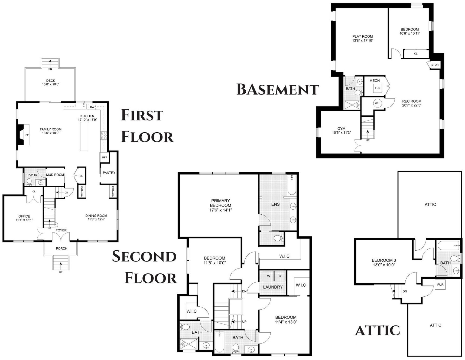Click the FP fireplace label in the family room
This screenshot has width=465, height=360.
pyautogui.click(x=27, y=135)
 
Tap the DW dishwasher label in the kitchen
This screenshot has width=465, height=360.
pyautogui.click(x=92, y=107)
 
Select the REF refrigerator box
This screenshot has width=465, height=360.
pyautogui.click(x=105, y=158)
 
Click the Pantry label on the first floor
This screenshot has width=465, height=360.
pyautogui.click(x=109, y=173)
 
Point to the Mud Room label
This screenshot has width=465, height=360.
pyautogui.click(x=55, y=175)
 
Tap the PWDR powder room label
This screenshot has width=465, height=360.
pyautogui.click(x=32, y=175)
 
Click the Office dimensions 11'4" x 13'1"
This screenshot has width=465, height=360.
pyautogui.click(x=24, y=220)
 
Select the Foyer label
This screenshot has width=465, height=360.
pyautogui.click(x=61, y=230)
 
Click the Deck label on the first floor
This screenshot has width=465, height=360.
pyautogui.click(x=51, y=81)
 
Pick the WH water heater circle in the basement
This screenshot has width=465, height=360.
pyautogui.click(x=377, y=103)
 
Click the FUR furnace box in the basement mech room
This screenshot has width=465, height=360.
pyautogui.click(x=378, y=88)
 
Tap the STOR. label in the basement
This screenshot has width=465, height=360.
pyautogui.click(x=435, y=65)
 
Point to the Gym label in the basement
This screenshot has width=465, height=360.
pyautogui.click(x=342, y=129)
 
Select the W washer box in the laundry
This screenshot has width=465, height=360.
pyautogui.click(x=268, y=276)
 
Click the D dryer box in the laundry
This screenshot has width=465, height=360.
pyautogui.click(x=280, y=276)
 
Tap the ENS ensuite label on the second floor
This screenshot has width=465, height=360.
pyautogui.click(x=275, y=204)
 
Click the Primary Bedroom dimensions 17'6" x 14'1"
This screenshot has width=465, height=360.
pyautogui.click(x=221, y=210)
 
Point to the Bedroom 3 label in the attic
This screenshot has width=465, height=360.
pyautogui.click(x=384, y=260)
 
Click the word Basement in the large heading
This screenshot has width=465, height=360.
pyautogui.click(x=278, y=90)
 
